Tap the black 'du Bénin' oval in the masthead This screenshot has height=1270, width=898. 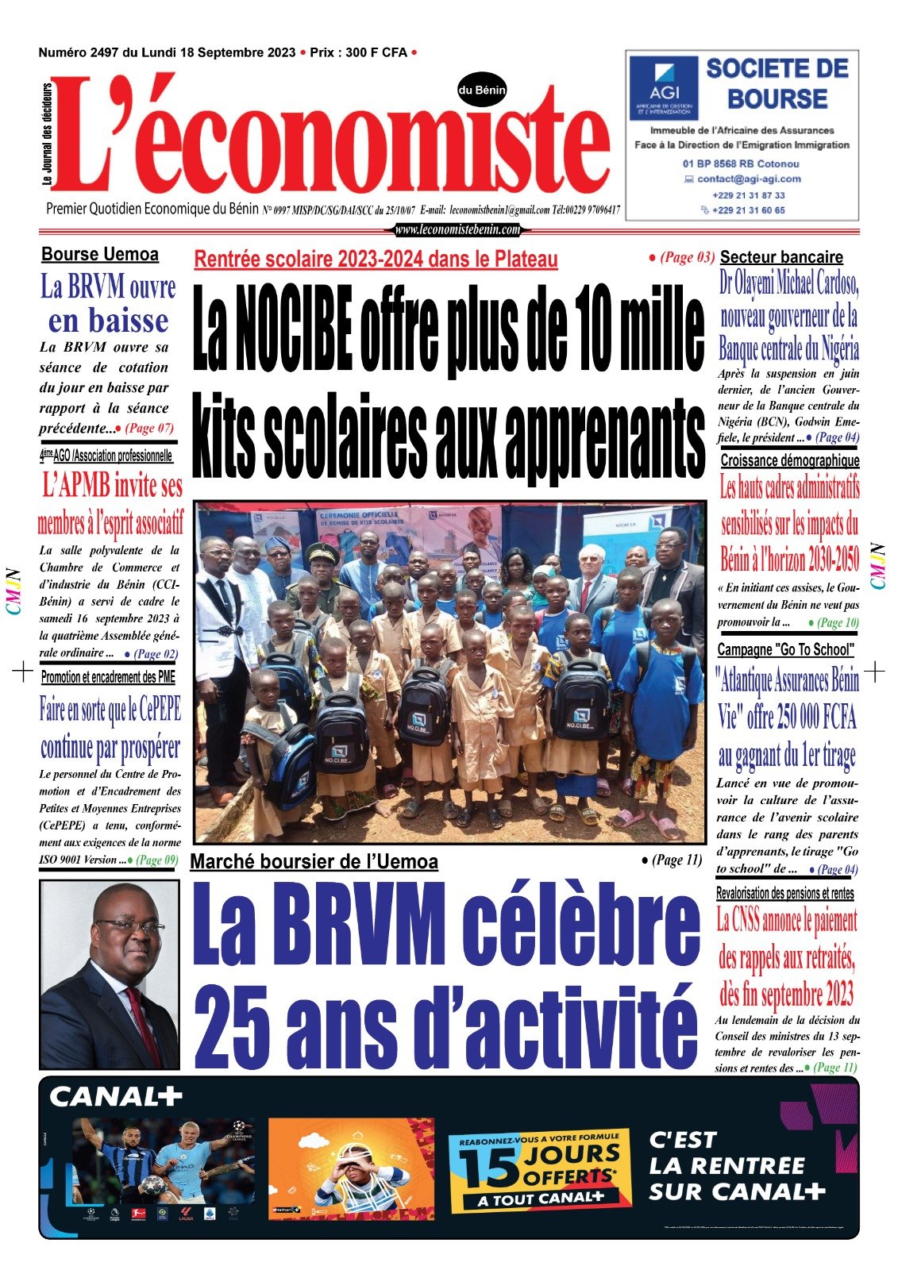(482, 90)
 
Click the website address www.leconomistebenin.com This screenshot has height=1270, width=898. (457, 230)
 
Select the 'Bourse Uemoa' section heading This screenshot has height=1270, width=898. (100, 255)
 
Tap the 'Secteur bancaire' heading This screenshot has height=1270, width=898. (781, 257)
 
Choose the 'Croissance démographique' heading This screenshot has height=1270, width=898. (789, 460)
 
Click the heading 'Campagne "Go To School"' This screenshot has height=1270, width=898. (785, 650)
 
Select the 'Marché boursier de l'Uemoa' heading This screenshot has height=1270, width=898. (314, 862)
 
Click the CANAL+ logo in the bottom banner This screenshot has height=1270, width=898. (116, 1097)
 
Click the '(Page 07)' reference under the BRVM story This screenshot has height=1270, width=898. (148, 429)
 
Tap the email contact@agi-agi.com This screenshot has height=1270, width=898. (749, 179)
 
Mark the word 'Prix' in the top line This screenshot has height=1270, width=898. (322, 52)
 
